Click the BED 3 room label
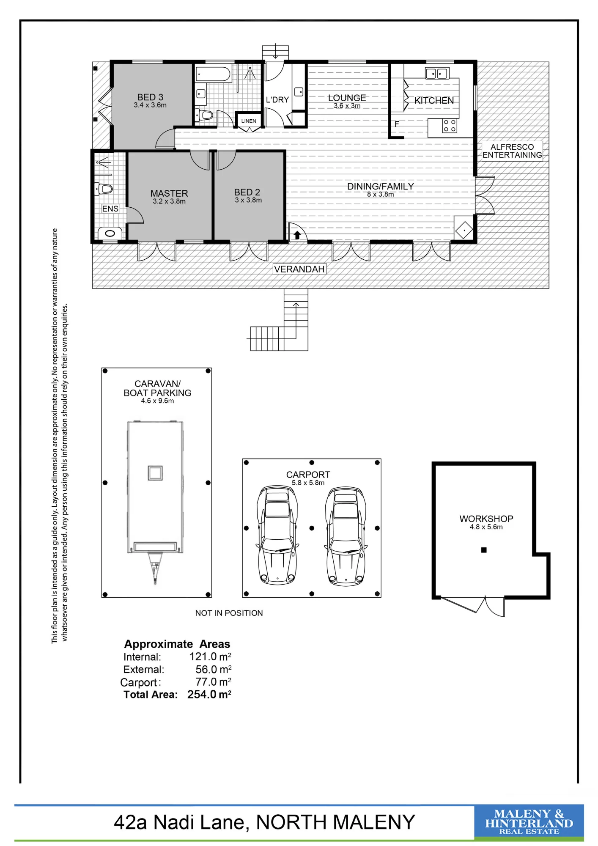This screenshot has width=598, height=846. [150, 97]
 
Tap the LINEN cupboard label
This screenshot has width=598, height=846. [249, 121]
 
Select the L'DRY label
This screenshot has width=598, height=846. [277, 100]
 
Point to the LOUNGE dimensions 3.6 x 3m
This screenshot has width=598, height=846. [347, 106]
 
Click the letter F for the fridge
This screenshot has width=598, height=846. [397, 124]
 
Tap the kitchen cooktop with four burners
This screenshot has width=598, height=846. [450, 126]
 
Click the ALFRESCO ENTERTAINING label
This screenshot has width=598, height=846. [512, 151]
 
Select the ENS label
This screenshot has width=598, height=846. [110, 209]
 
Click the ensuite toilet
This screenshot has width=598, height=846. [103, 189]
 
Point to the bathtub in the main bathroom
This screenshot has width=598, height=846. [213, 74]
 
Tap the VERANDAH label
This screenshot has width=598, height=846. [299, 269]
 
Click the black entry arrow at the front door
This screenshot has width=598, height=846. [297, 235]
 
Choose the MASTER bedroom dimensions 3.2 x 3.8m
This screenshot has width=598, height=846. [169, 201]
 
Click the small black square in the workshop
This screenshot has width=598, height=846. [484, 550]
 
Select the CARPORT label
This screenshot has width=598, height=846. [308, 475]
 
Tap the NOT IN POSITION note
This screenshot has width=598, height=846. [229, 613]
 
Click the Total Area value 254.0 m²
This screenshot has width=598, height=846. [209, 695]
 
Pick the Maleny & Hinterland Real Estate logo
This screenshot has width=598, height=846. [529, 822]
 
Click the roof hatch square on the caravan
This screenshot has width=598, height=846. [155, 473]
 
